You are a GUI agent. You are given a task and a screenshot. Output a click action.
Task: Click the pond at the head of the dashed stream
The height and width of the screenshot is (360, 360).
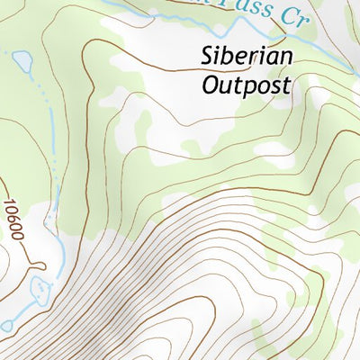[x=22, y=62]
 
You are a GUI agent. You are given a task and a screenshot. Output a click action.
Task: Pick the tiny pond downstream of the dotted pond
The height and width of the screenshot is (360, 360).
[x=7, y=325]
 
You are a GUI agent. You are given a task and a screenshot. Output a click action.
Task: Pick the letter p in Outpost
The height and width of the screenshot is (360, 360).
[x=251, y=88]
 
